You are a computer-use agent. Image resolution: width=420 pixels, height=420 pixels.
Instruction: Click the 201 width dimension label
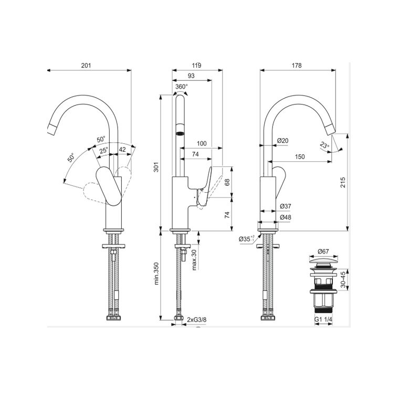coord(86,65)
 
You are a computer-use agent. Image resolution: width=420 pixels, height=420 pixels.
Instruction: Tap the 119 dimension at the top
coord(196,65)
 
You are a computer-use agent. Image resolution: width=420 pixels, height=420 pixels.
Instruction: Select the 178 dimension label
coord(297,65)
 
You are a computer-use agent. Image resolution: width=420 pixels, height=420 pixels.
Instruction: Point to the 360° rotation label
coord(182,87)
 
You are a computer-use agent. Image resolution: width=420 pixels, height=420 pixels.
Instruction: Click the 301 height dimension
coord(156,167)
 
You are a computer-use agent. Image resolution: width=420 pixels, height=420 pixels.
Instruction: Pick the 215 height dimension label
coord(343,182)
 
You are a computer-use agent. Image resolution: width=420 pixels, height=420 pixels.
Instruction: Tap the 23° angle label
coord(324,146)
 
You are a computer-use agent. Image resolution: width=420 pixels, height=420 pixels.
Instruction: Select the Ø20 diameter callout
coord(282,140)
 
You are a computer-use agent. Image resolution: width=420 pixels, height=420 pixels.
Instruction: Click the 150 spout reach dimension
coord(300,156)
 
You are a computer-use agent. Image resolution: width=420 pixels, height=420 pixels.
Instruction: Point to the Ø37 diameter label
coord(286,206)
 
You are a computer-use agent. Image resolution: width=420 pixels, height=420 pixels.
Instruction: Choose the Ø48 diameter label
coord(286,217)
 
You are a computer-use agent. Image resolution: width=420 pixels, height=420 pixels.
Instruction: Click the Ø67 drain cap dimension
coord(323,251)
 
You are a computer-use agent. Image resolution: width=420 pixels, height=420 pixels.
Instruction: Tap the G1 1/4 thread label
coord(323,319)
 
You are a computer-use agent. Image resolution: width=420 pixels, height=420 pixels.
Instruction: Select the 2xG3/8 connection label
coord(197,320)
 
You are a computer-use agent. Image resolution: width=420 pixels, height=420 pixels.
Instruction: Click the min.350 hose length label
coord(156,274)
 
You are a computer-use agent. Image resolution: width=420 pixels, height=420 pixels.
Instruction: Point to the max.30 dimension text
coord(194,259)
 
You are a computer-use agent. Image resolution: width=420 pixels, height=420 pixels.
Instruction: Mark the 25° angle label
coord(103,150)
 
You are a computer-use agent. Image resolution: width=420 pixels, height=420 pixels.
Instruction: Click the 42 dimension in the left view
coord(122,150)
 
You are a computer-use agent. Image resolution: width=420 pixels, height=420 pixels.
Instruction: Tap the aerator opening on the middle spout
coord(180,133)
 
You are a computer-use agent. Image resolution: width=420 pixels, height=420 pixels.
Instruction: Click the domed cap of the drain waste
coord(323,260)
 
